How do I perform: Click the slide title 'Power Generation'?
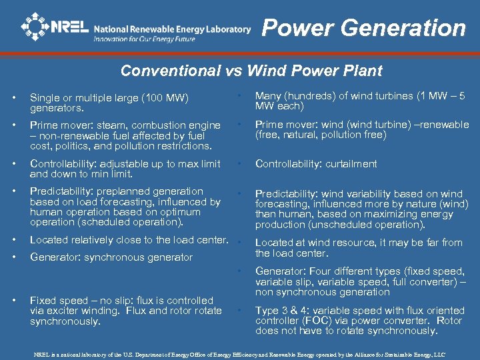pos(363,28)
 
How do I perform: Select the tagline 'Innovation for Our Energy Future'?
pos(145,39)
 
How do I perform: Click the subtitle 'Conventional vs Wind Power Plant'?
pos(251,71)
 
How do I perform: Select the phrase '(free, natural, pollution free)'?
pos(321,135)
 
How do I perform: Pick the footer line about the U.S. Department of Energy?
pos(239,355)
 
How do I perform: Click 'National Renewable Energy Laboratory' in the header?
pos(172,29)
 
